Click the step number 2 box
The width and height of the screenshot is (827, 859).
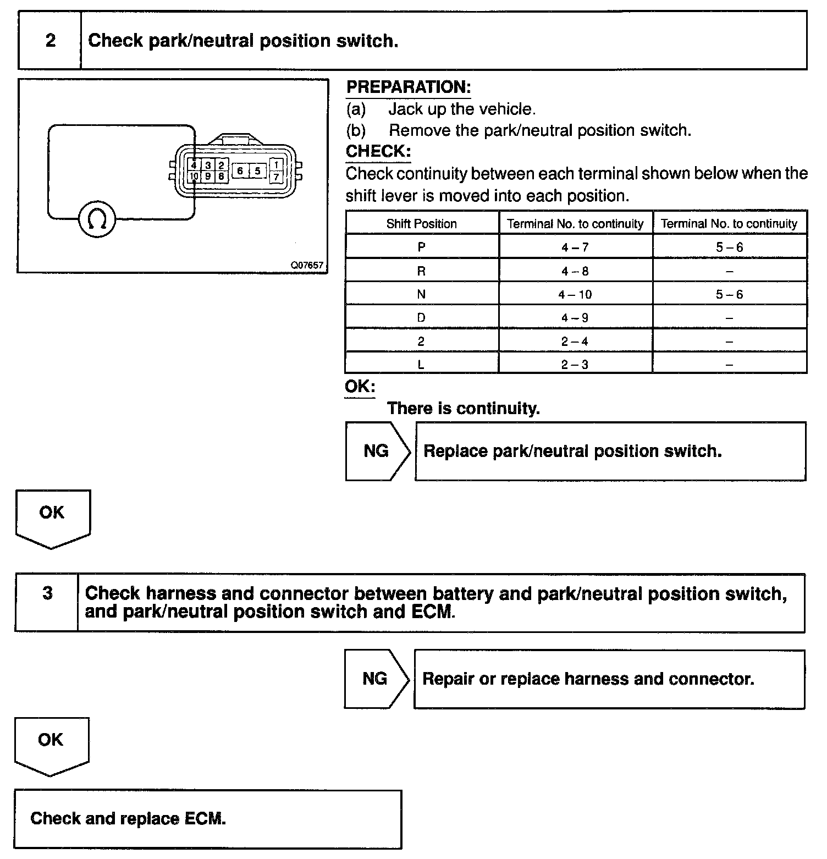[50, 41]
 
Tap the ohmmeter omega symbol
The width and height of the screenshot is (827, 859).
[97, 220]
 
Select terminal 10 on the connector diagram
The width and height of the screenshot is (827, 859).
[194, 176]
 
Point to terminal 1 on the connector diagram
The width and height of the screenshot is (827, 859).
[276, 165]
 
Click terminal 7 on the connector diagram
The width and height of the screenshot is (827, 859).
[276, 177]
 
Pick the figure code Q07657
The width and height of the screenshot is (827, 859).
[307, 265]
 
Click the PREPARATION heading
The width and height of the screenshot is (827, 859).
[409, 87]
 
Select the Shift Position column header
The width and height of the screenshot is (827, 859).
[421, 224]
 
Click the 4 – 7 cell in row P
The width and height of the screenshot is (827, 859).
[575, 247]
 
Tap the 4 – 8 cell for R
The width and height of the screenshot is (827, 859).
[575, 271]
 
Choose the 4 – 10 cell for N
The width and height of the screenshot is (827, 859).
[575, 295]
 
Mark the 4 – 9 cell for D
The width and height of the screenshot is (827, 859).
[575, 318]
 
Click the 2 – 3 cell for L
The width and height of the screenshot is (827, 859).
[575, 365]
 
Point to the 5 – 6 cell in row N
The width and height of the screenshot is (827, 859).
[729, 295]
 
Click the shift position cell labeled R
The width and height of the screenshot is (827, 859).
[421, 271]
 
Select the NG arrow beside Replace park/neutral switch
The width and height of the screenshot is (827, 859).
[377, 451]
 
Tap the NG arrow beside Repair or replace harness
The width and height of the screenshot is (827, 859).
[376, 679]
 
